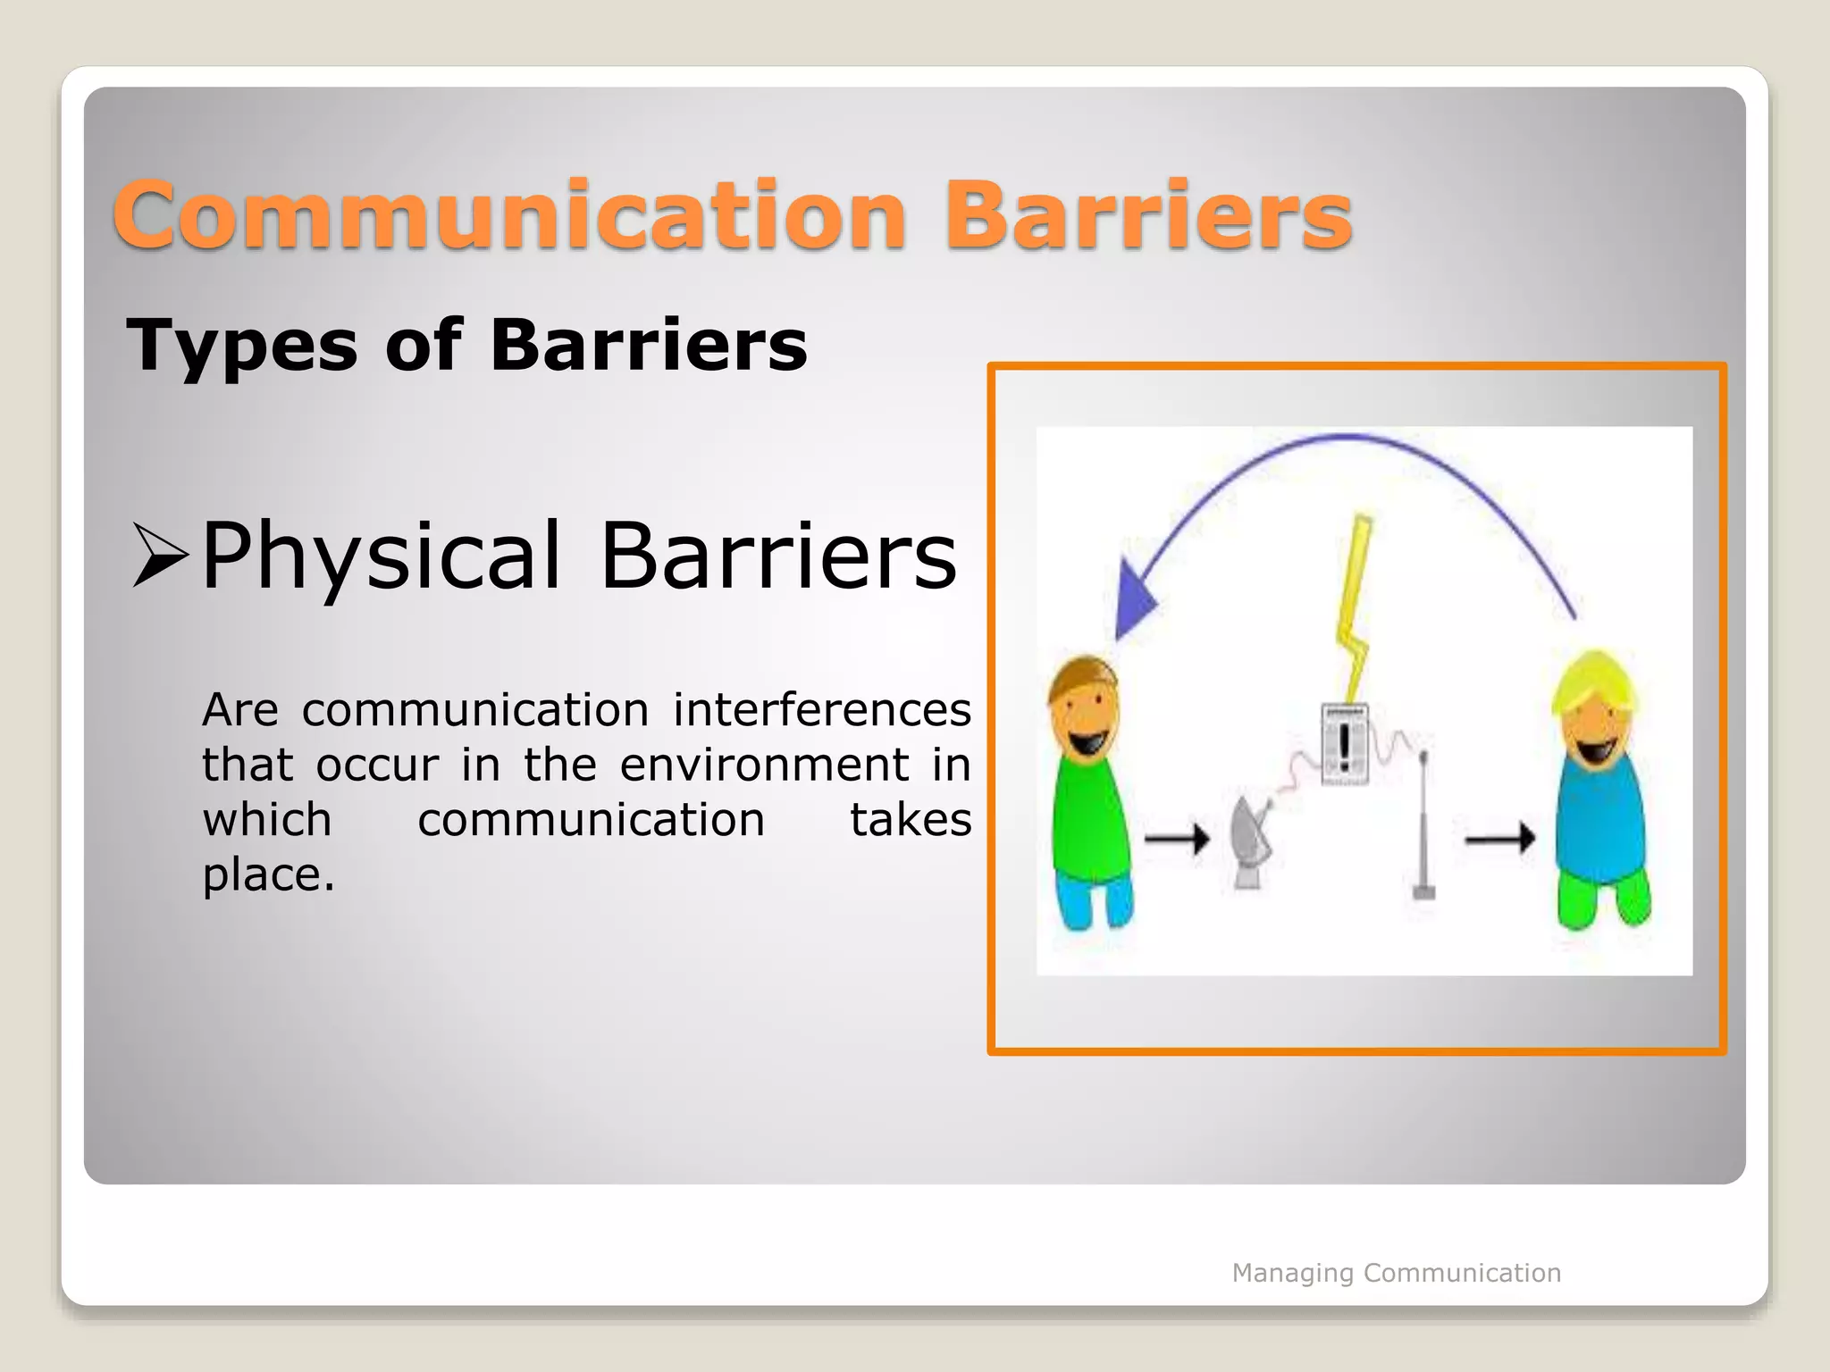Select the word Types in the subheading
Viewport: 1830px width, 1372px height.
(241, 347)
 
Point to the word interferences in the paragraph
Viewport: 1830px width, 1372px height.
(821, 711)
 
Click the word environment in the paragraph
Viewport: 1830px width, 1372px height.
(764, 765)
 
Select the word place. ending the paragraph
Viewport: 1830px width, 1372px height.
(268, 874)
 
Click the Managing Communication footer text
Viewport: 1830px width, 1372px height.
(1396, 1273)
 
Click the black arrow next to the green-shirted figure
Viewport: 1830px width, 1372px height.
(1177, 839)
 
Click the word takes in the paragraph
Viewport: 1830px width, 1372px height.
(910, 820)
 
